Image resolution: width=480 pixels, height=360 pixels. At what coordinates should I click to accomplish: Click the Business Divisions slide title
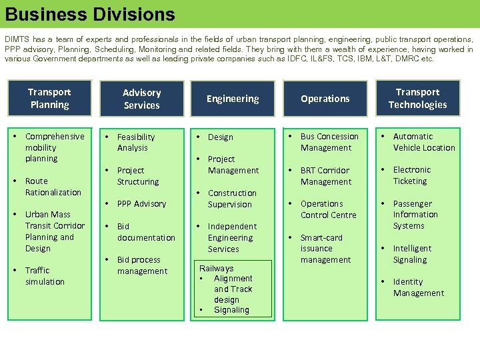90,14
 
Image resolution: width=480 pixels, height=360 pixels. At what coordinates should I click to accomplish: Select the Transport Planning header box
49,98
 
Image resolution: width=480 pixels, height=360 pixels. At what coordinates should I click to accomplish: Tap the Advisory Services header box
141,99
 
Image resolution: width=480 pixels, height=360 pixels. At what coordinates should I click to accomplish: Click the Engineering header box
233,99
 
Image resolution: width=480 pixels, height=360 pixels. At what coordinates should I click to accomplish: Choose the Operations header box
325,99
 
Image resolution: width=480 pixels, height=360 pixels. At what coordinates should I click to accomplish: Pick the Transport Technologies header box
417,98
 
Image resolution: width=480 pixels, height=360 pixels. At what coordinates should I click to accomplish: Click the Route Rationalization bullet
53,187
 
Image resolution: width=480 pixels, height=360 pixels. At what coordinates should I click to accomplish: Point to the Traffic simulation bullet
45,276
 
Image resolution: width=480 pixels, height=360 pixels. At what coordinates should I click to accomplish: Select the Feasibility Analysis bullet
135,142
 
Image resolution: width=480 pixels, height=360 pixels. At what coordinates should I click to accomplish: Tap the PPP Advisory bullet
141,203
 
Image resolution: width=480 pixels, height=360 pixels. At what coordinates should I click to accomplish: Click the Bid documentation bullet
146,232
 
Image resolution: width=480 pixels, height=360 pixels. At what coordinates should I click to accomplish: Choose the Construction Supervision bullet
231,199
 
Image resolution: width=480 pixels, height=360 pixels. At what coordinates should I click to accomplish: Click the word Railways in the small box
216,268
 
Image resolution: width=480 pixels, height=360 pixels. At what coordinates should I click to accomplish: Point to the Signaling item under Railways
231,310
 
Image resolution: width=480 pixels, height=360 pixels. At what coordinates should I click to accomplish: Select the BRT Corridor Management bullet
325,176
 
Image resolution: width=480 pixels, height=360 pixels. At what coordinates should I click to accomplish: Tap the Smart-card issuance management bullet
325,248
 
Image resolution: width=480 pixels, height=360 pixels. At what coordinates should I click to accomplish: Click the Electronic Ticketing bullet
411,175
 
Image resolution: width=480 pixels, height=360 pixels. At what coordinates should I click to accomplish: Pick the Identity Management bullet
418,287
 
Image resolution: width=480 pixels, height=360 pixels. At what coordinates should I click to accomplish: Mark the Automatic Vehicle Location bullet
423,142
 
